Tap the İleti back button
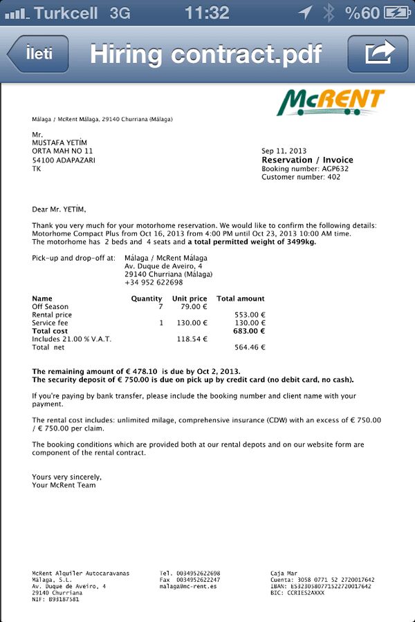(39, 54)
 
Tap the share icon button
(378, 54)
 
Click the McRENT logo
(331, 103)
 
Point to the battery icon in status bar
(396, 12)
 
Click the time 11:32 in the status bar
(207, 12)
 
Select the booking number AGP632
(335, 169)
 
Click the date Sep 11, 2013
(284, 151)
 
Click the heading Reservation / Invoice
(306, 160)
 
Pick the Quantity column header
(147, 299)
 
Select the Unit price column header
(190, 299)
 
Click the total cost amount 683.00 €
(249, 331)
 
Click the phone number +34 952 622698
(154, 282)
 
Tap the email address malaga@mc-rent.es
(188, 586)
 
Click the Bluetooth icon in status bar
(329, 12)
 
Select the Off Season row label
(50, 307)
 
